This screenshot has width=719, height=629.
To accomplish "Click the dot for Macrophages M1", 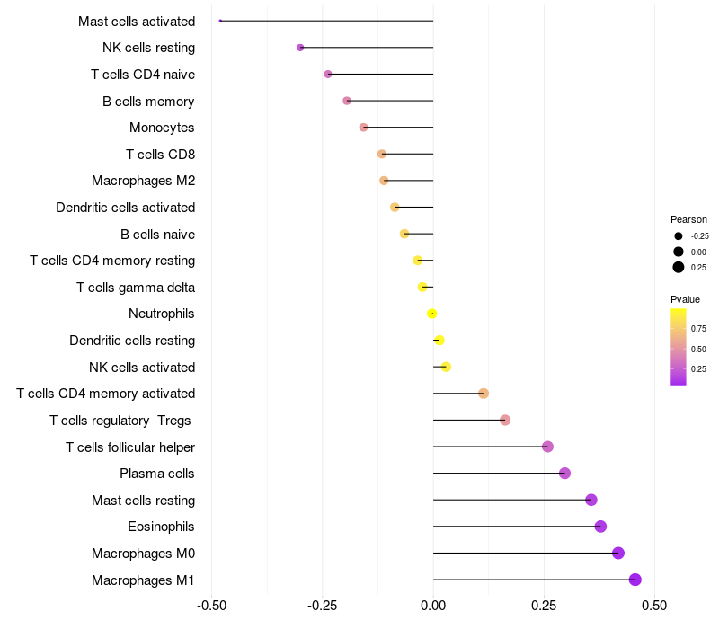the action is pyautogui.click(x=635, y=580).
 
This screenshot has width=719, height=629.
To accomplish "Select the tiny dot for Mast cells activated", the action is pyautogui.click(x=220, y=21).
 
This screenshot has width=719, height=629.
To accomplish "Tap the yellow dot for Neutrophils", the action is pyautogui.click(x=432, y=314).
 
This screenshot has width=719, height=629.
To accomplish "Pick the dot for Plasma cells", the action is pyautogui.click(x=565, y=474).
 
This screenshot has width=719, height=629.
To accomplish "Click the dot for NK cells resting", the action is pyautogui.click(x=300, y=48).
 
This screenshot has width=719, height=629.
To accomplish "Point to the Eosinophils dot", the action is pyautogui.click(x=600, y=527).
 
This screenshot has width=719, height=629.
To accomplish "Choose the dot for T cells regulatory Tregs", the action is pyautogui.click(x=505, y=420).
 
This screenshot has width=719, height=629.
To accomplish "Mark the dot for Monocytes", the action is pyautogui.click(x=363, y=127).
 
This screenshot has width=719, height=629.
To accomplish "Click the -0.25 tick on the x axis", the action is pyautogui.click(x=323, y=606).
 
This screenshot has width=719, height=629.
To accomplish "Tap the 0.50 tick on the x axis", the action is pyautogui.click(x=654, y=606).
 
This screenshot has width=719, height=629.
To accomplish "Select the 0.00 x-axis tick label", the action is pyautogui.click(x=433, y=606).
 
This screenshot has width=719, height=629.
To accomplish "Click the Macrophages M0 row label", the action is pyautogui.click(x=144, y=554).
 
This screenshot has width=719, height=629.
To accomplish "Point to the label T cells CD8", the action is pyautogui.click(x=161, y=155).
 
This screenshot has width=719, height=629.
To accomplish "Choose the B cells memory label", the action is pyautogui.click(x=148, y=102).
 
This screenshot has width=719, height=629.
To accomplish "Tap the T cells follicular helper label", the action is pyautogui.click(x=130, y=447).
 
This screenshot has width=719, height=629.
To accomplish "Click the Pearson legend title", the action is pyautogui.click(x=688, y=219).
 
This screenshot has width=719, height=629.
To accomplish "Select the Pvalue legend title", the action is pyautogui.click(x=685, y=299).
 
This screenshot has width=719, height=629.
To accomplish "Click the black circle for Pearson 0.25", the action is pyautogui.click(x=679, y=267).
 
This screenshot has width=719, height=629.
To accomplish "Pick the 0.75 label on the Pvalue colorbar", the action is pyautogui.click(x=698, y=329).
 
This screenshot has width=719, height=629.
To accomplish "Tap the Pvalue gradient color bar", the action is pyautogui.click(x=679, y=348).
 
